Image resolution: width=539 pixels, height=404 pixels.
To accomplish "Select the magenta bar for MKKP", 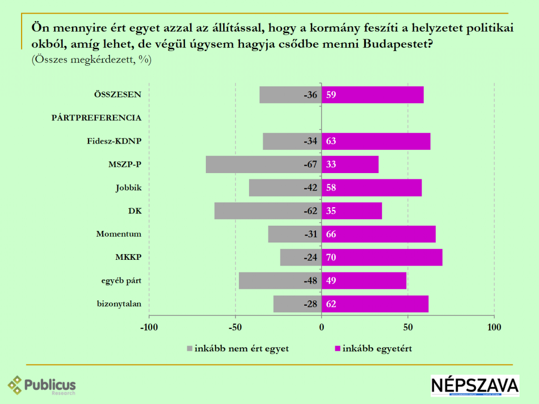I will (x=382, y=257).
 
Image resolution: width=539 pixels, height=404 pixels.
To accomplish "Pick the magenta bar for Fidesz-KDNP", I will (x=376, y=142).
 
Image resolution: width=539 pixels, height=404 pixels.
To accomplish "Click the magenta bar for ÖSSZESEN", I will (x=373, y=95).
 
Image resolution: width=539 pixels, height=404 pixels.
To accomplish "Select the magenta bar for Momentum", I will (x=378, y=234).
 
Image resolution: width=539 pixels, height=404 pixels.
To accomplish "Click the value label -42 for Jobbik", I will (x=310, y=188).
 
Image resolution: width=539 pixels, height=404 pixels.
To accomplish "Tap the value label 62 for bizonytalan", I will (x=331, y=304).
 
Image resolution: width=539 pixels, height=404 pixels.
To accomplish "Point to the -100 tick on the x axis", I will (x=149, y=327).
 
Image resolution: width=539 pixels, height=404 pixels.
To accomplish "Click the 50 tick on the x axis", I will (x=407, y=327).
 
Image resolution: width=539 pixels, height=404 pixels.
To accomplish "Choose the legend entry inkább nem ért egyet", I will (x=237, y=348).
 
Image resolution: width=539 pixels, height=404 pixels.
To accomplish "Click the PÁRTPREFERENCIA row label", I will (x=96, y=118).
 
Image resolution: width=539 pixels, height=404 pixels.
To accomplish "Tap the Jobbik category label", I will (x=128, y=188).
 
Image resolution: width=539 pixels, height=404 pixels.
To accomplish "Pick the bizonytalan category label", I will (x=119, y=304).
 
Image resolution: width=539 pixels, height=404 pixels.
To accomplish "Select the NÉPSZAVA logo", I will (x=475, y=386).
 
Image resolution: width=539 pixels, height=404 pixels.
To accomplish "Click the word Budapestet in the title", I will (x=397, y=44).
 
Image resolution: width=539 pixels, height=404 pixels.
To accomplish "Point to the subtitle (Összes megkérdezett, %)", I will (x=91, y=59).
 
